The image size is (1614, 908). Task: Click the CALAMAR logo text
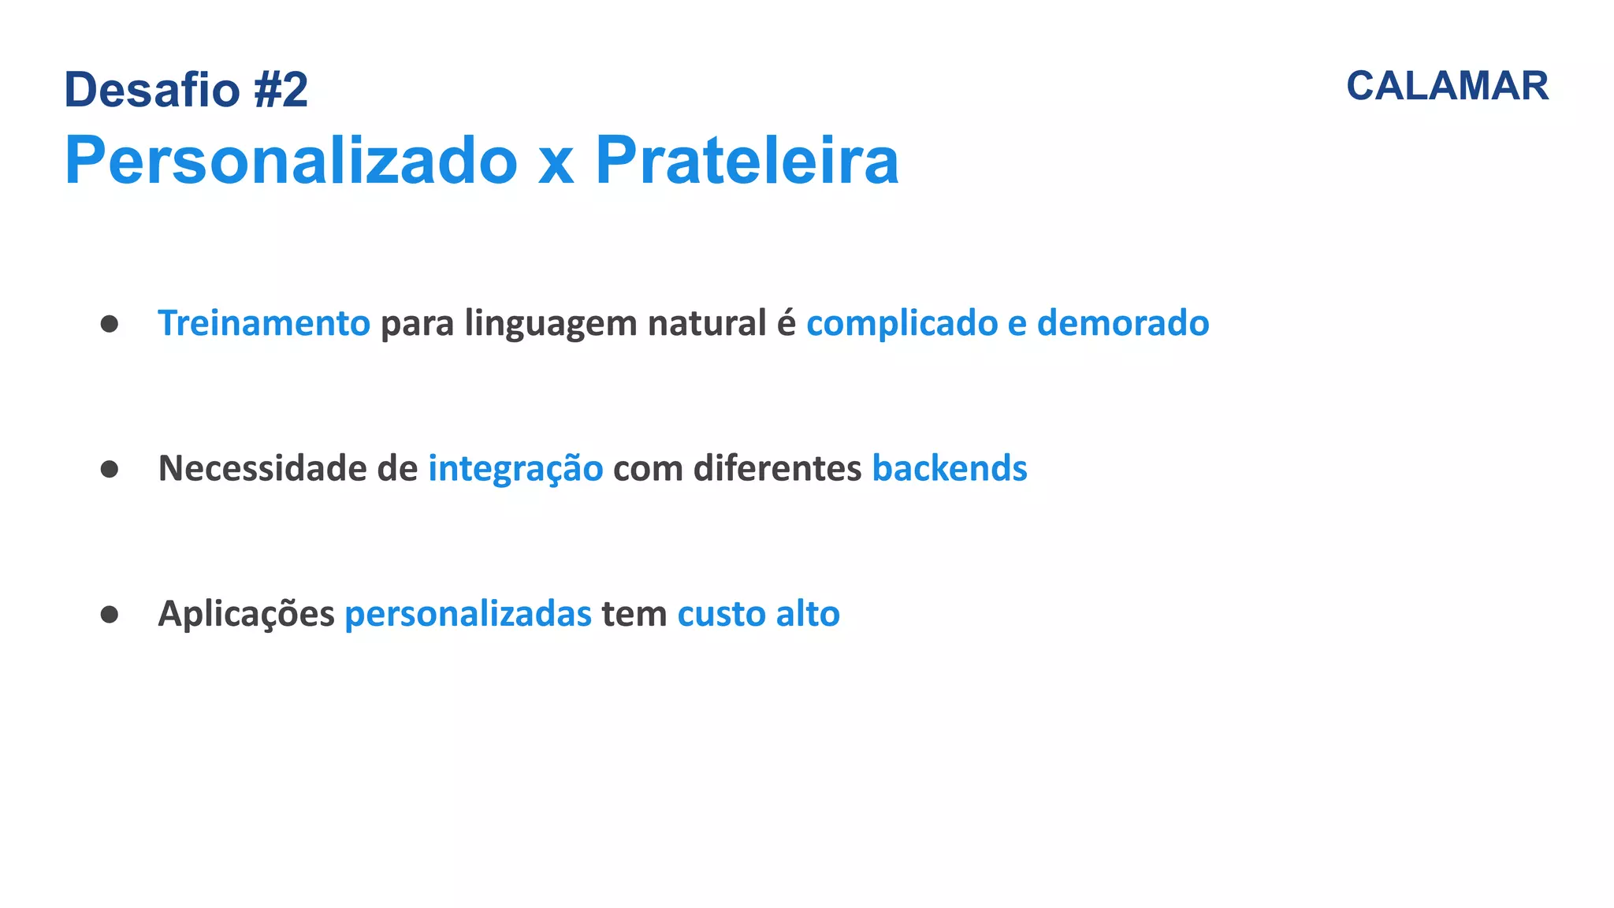1447,86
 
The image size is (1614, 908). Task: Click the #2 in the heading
281,90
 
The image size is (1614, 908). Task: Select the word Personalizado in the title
291,160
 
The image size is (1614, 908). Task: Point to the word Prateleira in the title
746,160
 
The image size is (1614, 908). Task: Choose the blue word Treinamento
264,323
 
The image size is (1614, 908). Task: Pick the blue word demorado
1122,323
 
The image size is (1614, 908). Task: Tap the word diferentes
777,468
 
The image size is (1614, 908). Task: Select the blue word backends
949,468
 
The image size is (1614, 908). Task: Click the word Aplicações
246,615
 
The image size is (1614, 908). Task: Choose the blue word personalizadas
468,615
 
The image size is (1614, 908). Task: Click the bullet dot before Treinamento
110,324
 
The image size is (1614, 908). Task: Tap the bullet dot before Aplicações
110,614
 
